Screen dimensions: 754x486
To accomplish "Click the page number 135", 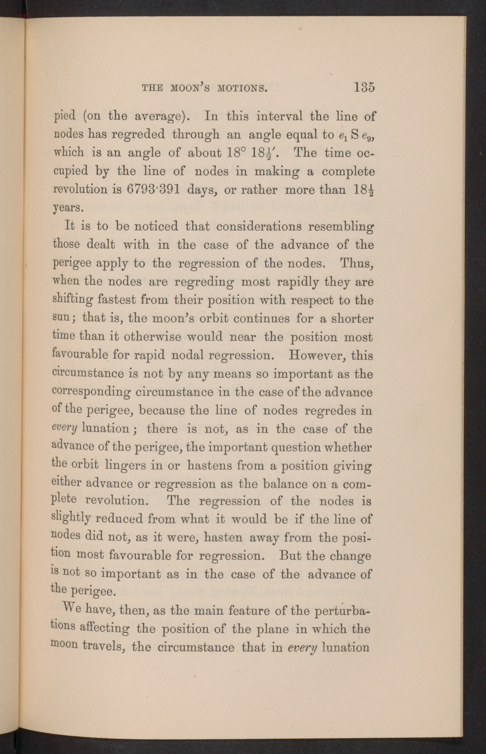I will click(364, 88).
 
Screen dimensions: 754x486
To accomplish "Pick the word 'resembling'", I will click(340, 227).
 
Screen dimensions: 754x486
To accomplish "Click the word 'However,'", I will click(318, 355).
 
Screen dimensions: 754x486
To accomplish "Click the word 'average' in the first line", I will click(158, 118).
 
